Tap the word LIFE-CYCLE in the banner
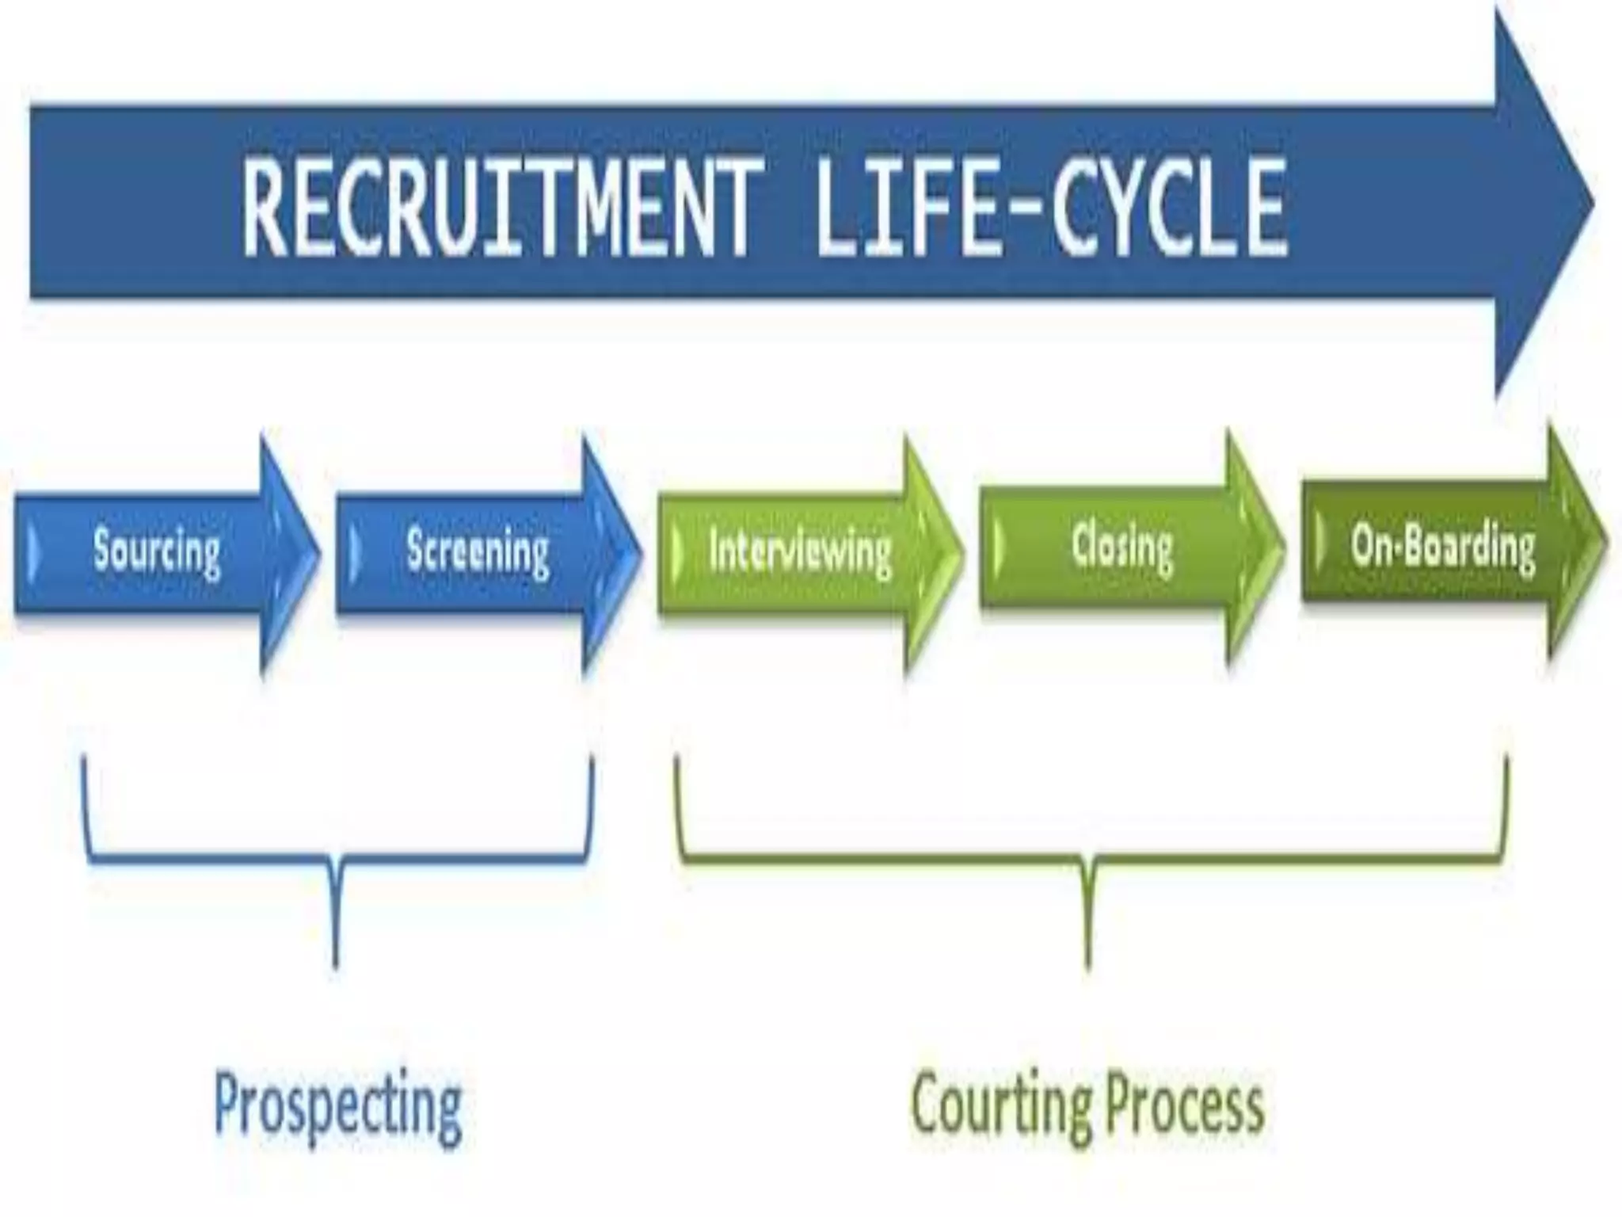coord(1050,208)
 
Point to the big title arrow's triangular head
coord(1540,204)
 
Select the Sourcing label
coord(157,550)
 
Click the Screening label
coord(478,550)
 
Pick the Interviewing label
coord(800,550)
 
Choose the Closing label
coord(1121,547)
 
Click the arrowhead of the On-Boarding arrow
coord(1576,544)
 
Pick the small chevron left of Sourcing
coord(32,551)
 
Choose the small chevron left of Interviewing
coord(676,551)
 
